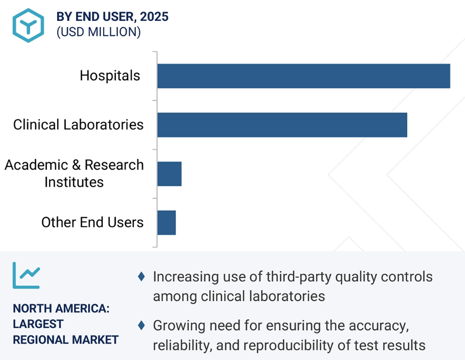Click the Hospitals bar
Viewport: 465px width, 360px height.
(303, 76)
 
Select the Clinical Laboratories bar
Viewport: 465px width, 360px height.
(282, 125)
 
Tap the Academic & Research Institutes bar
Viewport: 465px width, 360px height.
(169, 174)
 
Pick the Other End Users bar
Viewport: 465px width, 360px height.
(166, 223)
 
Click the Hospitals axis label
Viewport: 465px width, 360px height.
(110, 76)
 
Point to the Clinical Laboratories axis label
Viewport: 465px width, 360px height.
(79, 124)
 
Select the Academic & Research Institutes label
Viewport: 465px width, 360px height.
(75, 174)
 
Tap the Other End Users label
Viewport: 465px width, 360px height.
(92, 223)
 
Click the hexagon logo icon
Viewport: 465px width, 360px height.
(29, 25)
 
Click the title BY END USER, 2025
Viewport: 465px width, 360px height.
(112, 16)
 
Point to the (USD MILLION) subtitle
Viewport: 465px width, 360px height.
(99, 32)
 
